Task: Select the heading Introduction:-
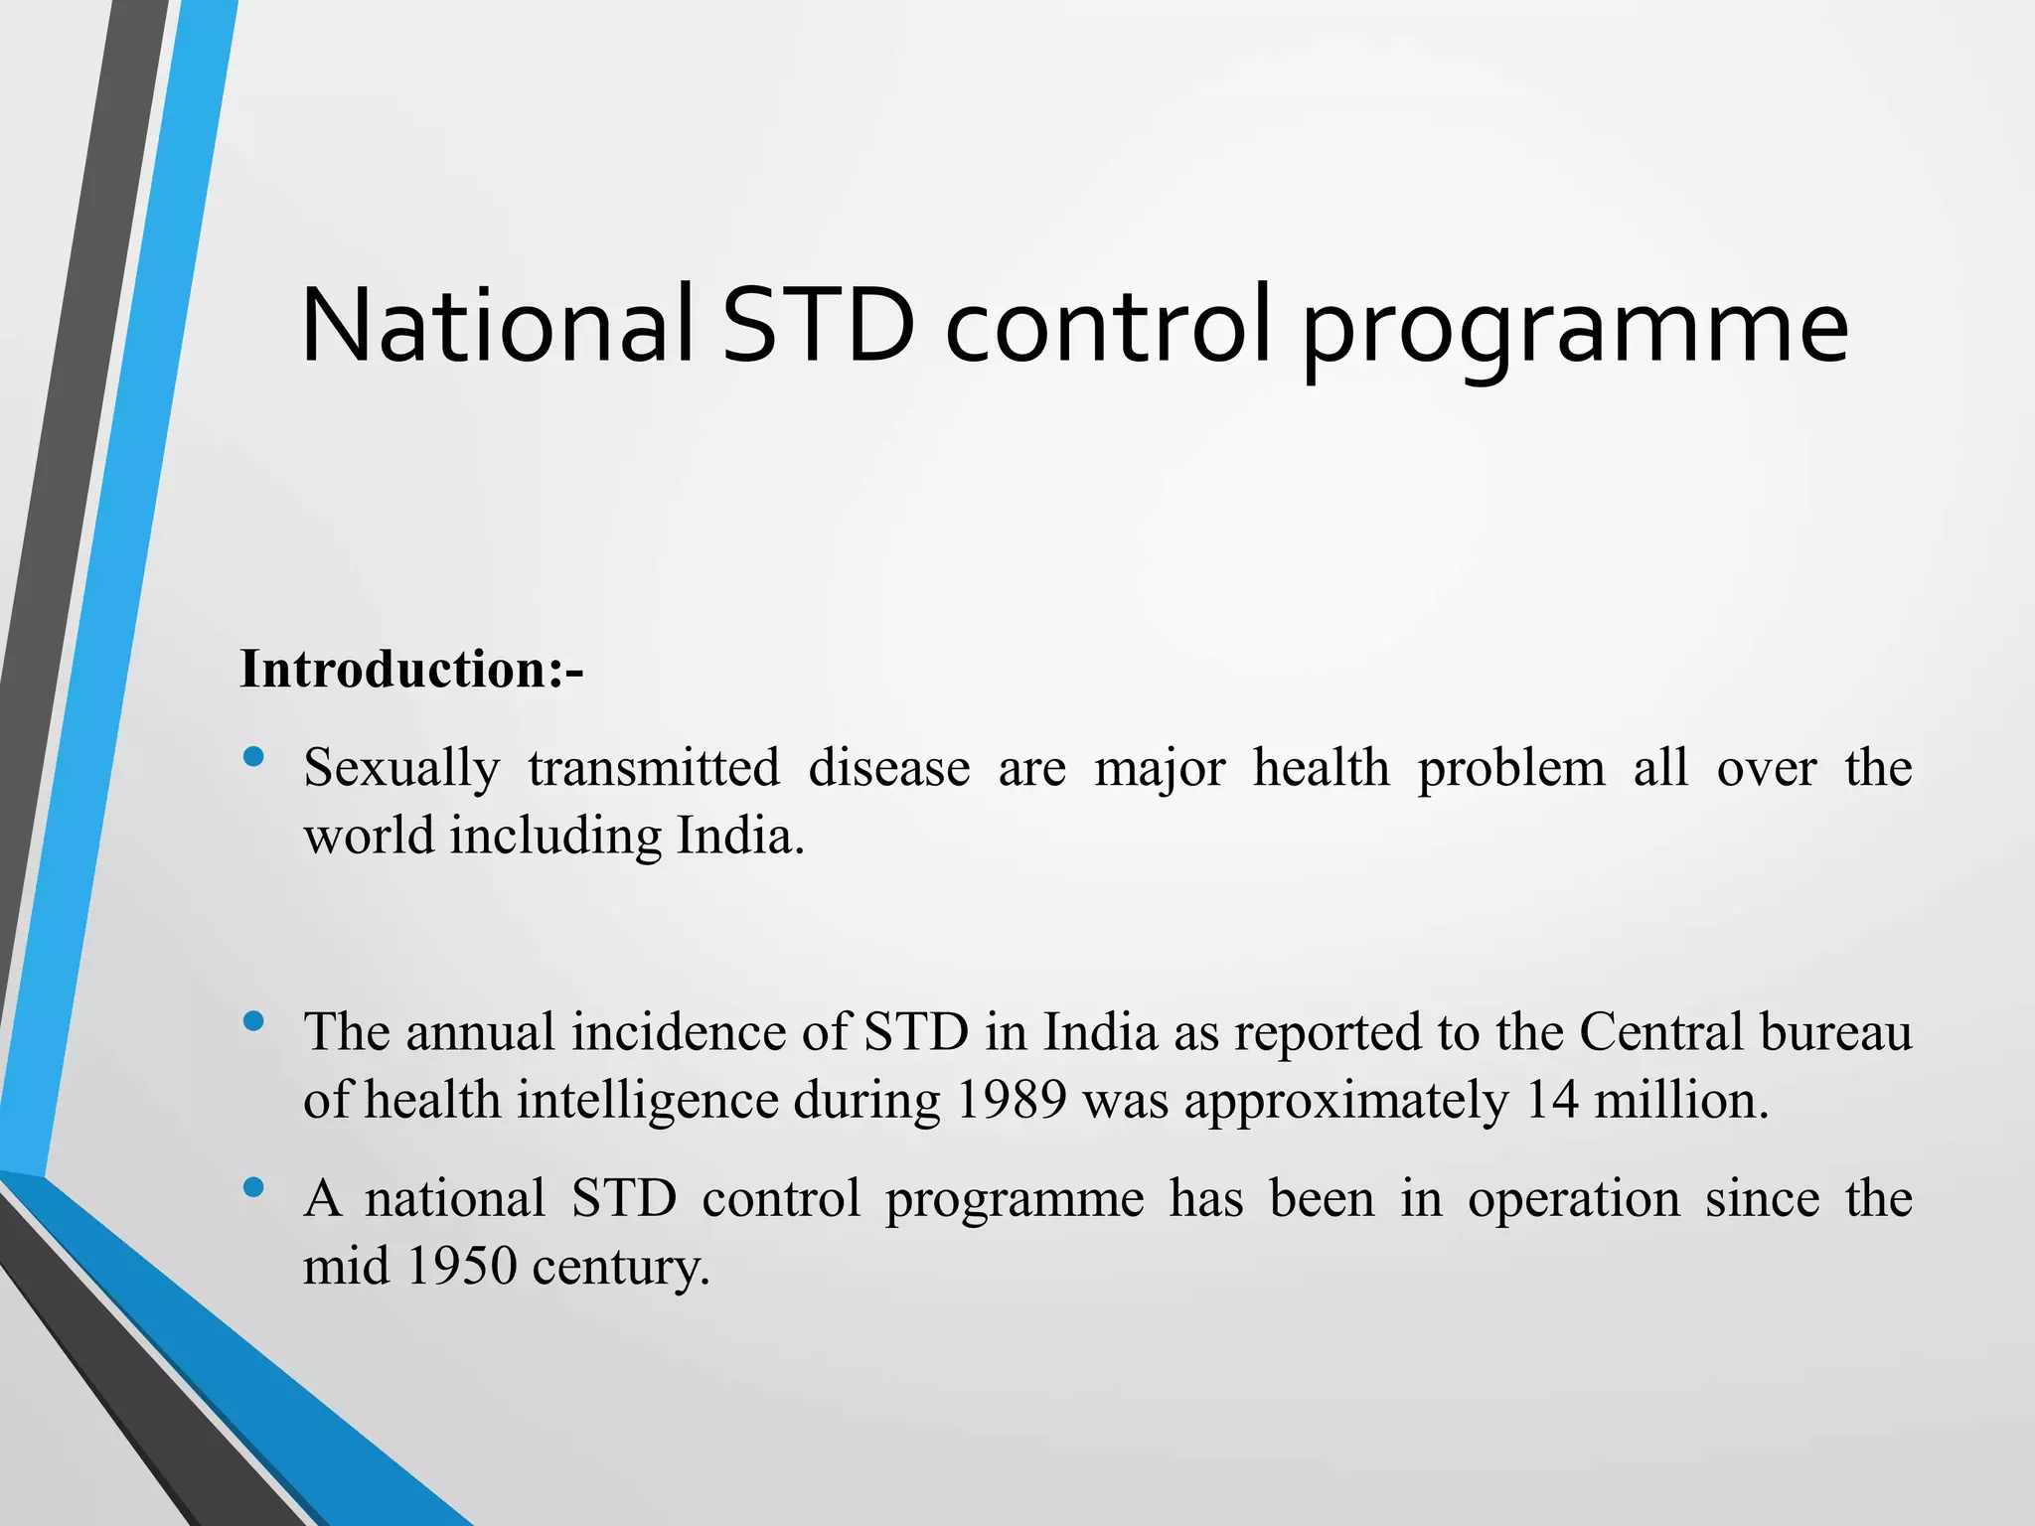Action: (x=411, y=669)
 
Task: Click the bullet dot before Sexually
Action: (x=253, y=758)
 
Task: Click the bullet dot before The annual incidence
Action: (x=253, y=1021)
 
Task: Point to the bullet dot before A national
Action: (x=253, y=1187)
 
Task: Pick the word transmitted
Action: (x=654, y=768)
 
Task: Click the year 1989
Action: (x=1011, y=1100)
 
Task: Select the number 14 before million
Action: (x=1551, y=1100)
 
